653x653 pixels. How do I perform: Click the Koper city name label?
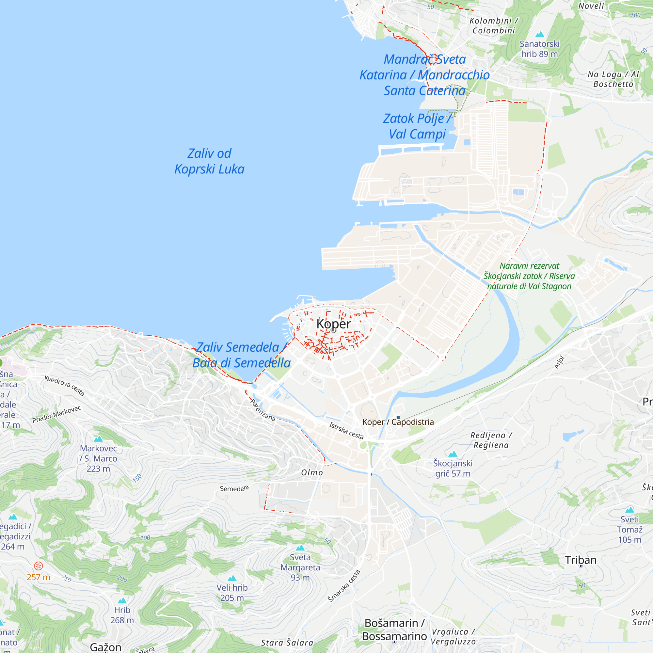(334, 324)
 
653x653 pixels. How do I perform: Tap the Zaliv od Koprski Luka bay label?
(209, 161)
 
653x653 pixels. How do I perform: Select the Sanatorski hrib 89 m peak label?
(539, 49)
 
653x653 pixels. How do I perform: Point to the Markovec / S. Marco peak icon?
(98, 439)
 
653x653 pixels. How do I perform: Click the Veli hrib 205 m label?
(232, 593)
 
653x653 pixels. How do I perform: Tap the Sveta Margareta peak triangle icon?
(300, 548)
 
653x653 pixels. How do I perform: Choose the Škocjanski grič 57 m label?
(453, 468)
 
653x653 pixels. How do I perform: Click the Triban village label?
(581, 560)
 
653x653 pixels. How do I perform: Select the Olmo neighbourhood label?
(312, 472)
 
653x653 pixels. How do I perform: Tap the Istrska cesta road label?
(346, 431)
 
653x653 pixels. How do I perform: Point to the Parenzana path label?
(263, 410)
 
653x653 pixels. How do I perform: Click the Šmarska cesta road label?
(344, 586)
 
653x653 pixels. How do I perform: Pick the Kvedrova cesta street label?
(64, 385)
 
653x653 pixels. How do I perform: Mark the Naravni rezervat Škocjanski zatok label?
(529, 276)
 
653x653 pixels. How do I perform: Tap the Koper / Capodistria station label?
(398, 422)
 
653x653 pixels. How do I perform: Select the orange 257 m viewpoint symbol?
(39, 566)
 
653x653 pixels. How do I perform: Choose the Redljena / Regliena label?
(491, 440)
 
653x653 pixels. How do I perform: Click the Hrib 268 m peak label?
(122, 615)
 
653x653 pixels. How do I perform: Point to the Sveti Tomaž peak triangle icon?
(629, 510)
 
